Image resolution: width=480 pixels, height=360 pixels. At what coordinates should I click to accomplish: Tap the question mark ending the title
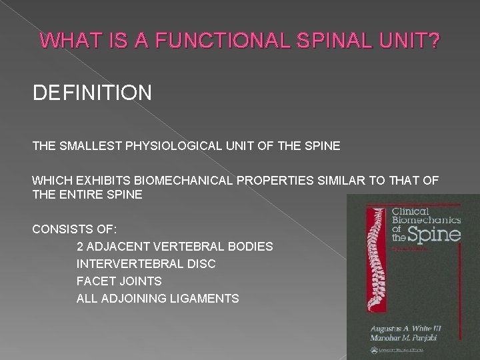[433, 41]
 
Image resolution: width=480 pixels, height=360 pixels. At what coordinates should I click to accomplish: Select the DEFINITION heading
[92, 92]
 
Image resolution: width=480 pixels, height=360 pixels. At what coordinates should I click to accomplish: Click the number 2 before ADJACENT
[81, 247]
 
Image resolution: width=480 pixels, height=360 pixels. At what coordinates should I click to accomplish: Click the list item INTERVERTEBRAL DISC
[146, 264]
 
